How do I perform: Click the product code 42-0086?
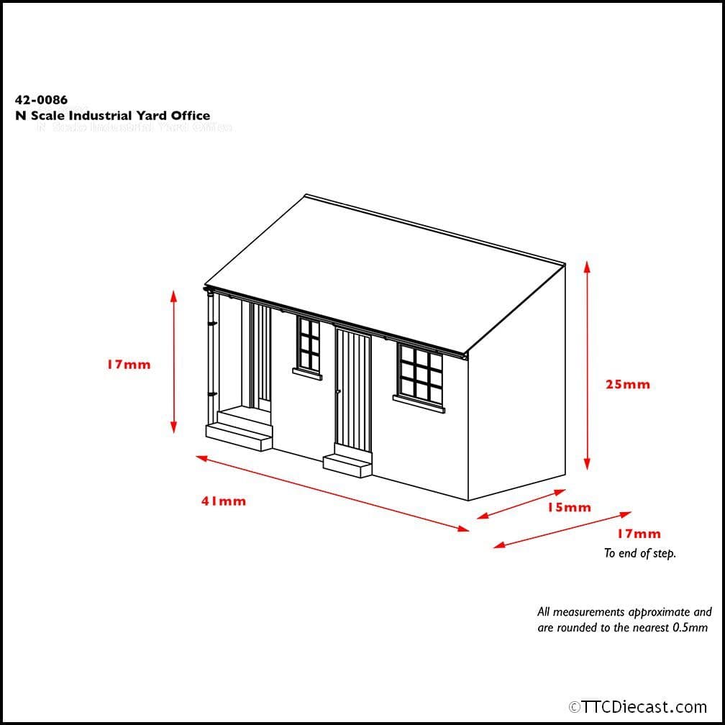click(41, 101)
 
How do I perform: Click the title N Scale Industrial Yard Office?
click(112, 116)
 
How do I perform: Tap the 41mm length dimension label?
click(223, 501)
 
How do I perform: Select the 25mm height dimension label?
click(627, 384)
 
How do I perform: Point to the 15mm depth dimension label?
click(569, 507)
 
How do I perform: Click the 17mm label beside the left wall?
click(129, 365)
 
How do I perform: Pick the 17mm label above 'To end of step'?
click(638, 534)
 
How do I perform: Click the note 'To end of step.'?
click(639, 553)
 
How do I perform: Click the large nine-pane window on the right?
click(419, 375)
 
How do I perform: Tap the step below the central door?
click(347, 464)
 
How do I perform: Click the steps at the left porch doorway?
click(240, 430)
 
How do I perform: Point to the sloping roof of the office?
click(381, 273)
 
